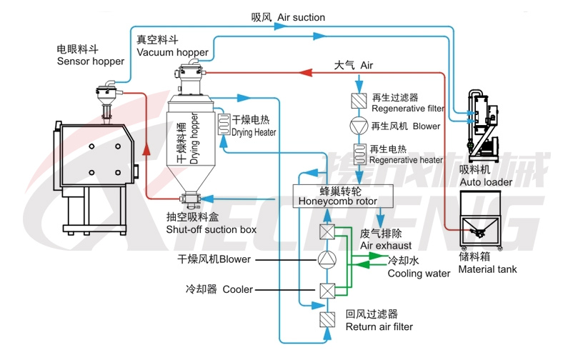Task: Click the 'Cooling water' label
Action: (419, 267)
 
